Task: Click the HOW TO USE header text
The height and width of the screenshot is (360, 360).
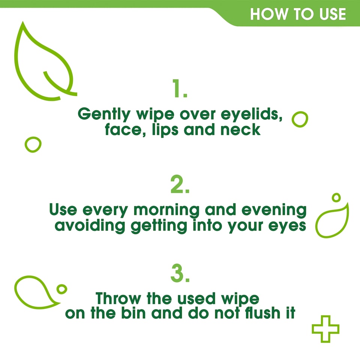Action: [298, 14]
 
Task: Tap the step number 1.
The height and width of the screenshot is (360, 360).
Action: [180, 89]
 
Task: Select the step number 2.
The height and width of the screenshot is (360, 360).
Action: [180, 185]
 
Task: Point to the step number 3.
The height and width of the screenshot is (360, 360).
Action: [180, 274]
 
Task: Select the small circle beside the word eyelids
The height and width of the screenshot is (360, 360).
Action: [300, 119]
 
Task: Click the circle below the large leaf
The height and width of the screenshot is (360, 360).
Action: [33, 144]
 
